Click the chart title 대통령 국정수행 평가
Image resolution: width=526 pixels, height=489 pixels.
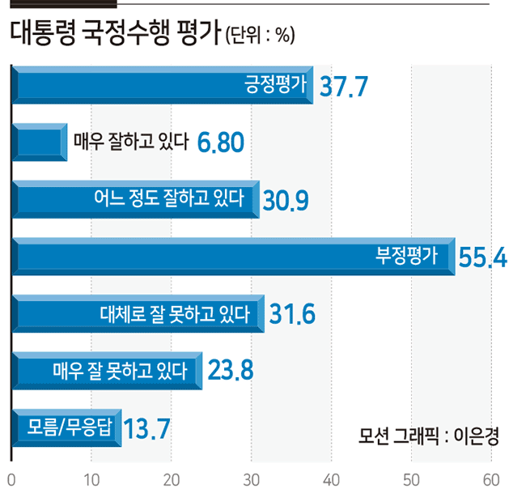pos(116,32)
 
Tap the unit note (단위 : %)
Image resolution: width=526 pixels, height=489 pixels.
pos(260,35)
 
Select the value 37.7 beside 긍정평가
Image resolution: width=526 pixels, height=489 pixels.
pos(344,87)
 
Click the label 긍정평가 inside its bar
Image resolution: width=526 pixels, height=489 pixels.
pos(275,84)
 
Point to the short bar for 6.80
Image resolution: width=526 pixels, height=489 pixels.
pos(40,142)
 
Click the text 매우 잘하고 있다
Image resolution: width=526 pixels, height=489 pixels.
pos(131,142)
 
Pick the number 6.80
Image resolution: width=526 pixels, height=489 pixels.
pos(221,142)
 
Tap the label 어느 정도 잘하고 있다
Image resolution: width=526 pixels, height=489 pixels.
pos(169,198)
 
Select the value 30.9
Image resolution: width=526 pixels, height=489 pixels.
pos(286,201)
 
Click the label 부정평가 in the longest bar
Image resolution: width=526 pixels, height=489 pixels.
pos(406,255)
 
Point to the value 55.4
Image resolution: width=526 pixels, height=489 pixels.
pos(483,257)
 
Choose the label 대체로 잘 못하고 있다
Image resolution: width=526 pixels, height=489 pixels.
pos(175,314)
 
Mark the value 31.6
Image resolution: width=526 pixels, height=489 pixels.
pos(292,314)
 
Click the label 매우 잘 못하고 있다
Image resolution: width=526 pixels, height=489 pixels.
pos(120,371)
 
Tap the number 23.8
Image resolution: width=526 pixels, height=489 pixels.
pos(231,370)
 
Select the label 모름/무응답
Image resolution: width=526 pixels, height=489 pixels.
pos(69,427)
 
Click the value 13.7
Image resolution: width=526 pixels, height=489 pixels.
pos(147,428)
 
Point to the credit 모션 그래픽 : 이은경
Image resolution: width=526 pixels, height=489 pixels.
pos(429,436)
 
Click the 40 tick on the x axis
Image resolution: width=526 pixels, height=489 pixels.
pos(331,480)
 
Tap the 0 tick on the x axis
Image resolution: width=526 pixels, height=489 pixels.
pos(11,480)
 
